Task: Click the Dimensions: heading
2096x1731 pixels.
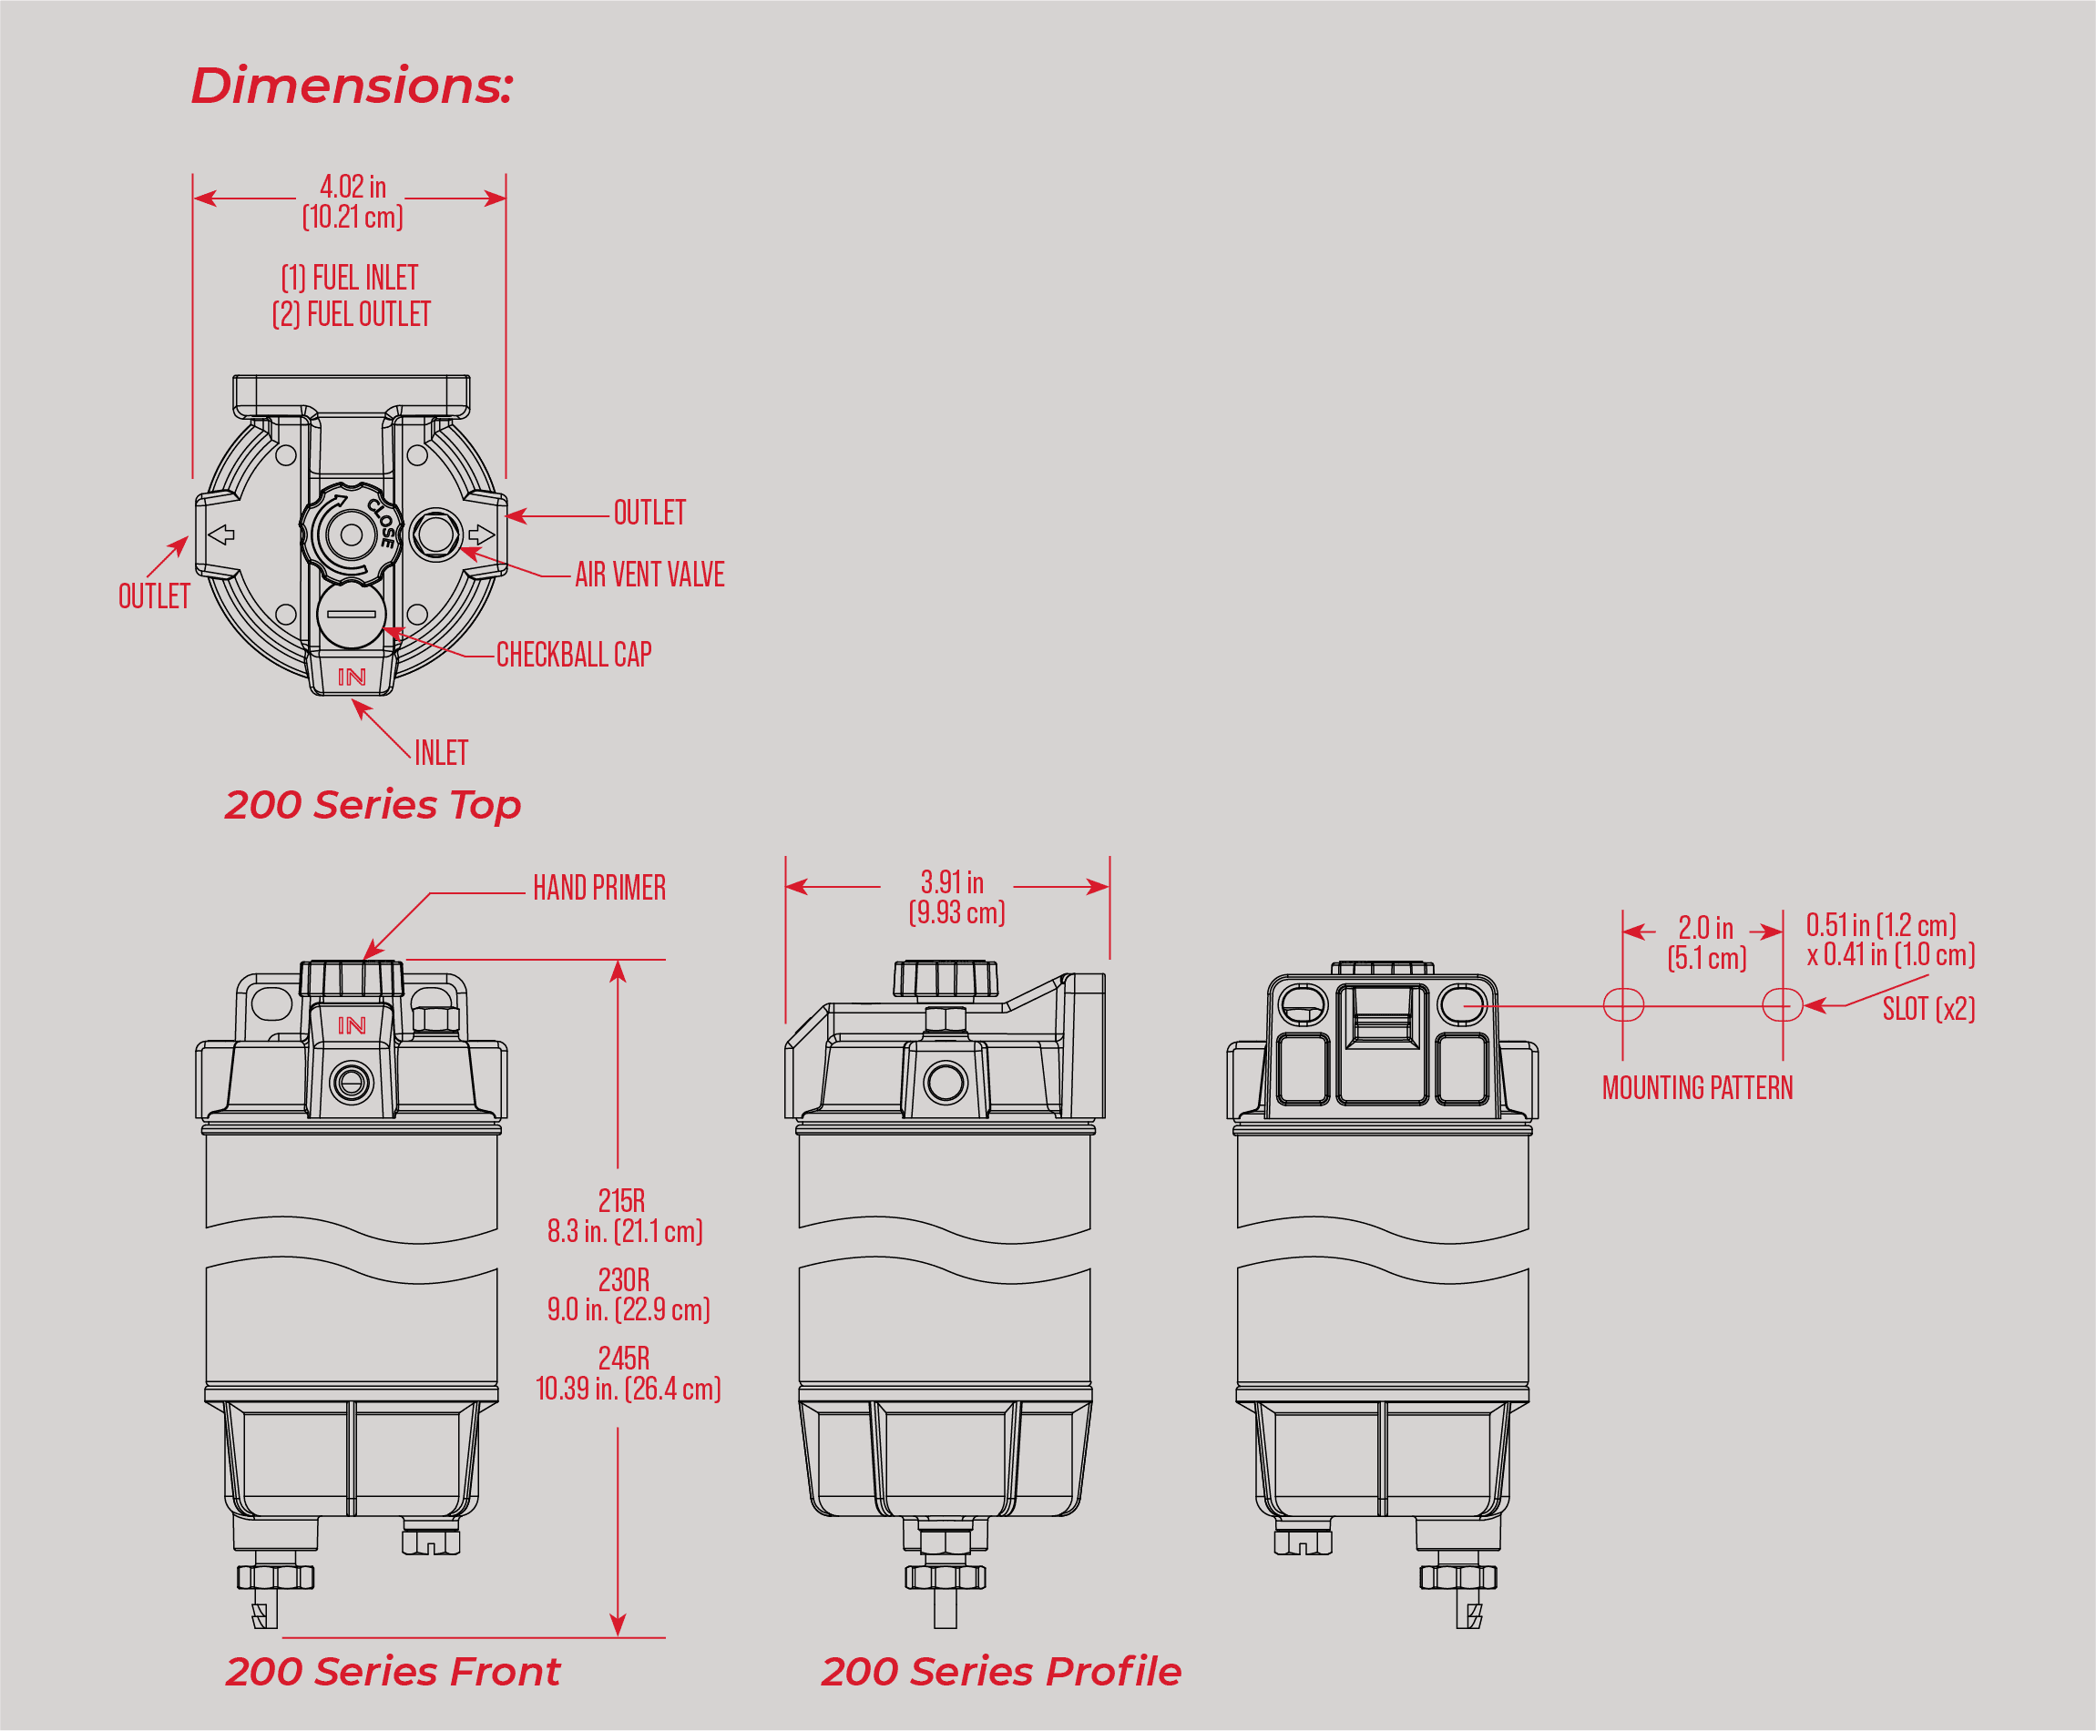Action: (352, 86)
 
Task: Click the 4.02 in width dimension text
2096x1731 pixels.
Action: (353, 188)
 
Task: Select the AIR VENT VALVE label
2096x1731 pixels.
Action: (649, 575)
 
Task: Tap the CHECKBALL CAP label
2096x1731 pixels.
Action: (574, 655)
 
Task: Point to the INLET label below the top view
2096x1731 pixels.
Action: (441, 754)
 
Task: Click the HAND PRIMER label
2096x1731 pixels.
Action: (598, 889)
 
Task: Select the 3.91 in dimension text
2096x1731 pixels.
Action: (952, 883)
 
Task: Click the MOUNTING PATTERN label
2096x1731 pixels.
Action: (1697, 1088)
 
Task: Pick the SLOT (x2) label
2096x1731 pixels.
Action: (1927, 1009)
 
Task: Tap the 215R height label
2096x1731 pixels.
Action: (621, 1200)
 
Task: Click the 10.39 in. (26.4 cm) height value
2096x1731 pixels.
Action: (629, 1389)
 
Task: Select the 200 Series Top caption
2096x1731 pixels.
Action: (373, 805)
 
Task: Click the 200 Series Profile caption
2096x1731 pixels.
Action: (1000, 1671)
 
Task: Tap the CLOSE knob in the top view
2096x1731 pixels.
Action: (352, 534)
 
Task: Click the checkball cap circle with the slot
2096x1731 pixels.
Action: (352, 615)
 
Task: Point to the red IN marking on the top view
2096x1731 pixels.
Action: (352, 677)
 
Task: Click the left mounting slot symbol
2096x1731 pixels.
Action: (1623, 1005)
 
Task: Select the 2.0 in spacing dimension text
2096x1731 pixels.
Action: (1705, 928)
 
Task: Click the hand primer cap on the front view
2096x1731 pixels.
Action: (352, 978)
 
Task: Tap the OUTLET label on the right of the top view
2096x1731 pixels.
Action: (649, 514)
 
